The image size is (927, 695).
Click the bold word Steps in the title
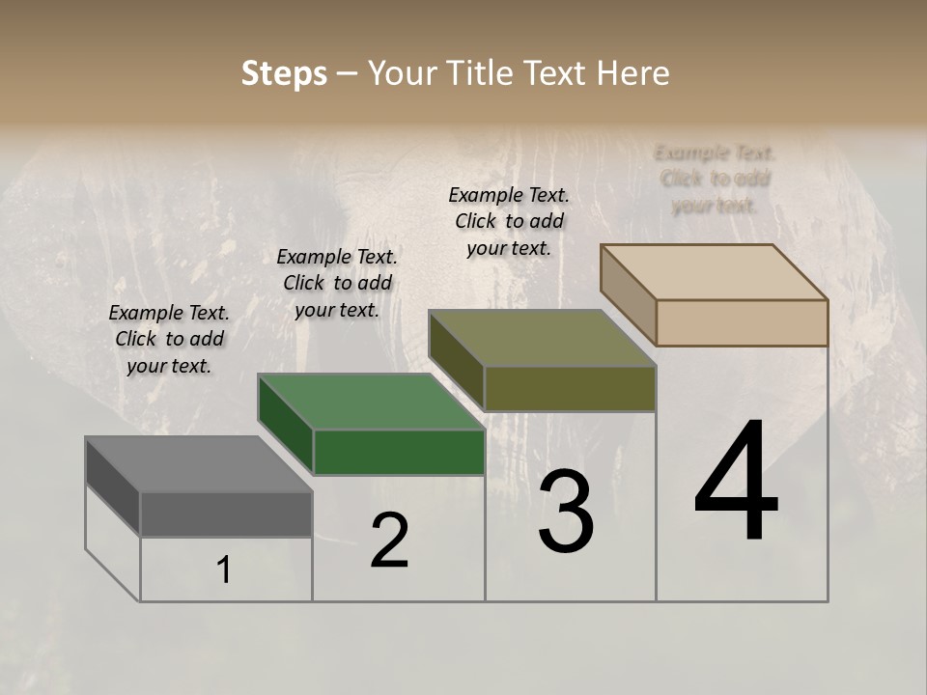point(284,73)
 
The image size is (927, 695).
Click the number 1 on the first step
point(224,570)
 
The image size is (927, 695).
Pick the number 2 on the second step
point(389,542)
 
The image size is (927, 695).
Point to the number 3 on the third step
point(566,512)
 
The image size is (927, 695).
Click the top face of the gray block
point(198,464)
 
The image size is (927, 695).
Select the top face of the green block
point(371,402)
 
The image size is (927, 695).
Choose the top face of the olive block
point(542,338)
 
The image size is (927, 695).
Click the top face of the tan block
point(715,272)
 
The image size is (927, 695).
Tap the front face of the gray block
point(226,514)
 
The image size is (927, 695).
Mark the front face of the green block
point(399,452)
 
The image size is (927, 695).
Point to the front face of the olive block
point(570,388)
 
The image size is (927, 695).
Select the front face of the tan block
point(742,322)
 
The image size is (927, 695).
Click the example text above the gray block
point(169,339)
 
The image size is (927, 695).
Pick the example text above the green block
point(337,283)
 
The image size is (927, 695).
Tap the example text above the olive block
point(509,221)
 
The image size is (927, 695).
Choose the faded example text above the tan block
point(715,179)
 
